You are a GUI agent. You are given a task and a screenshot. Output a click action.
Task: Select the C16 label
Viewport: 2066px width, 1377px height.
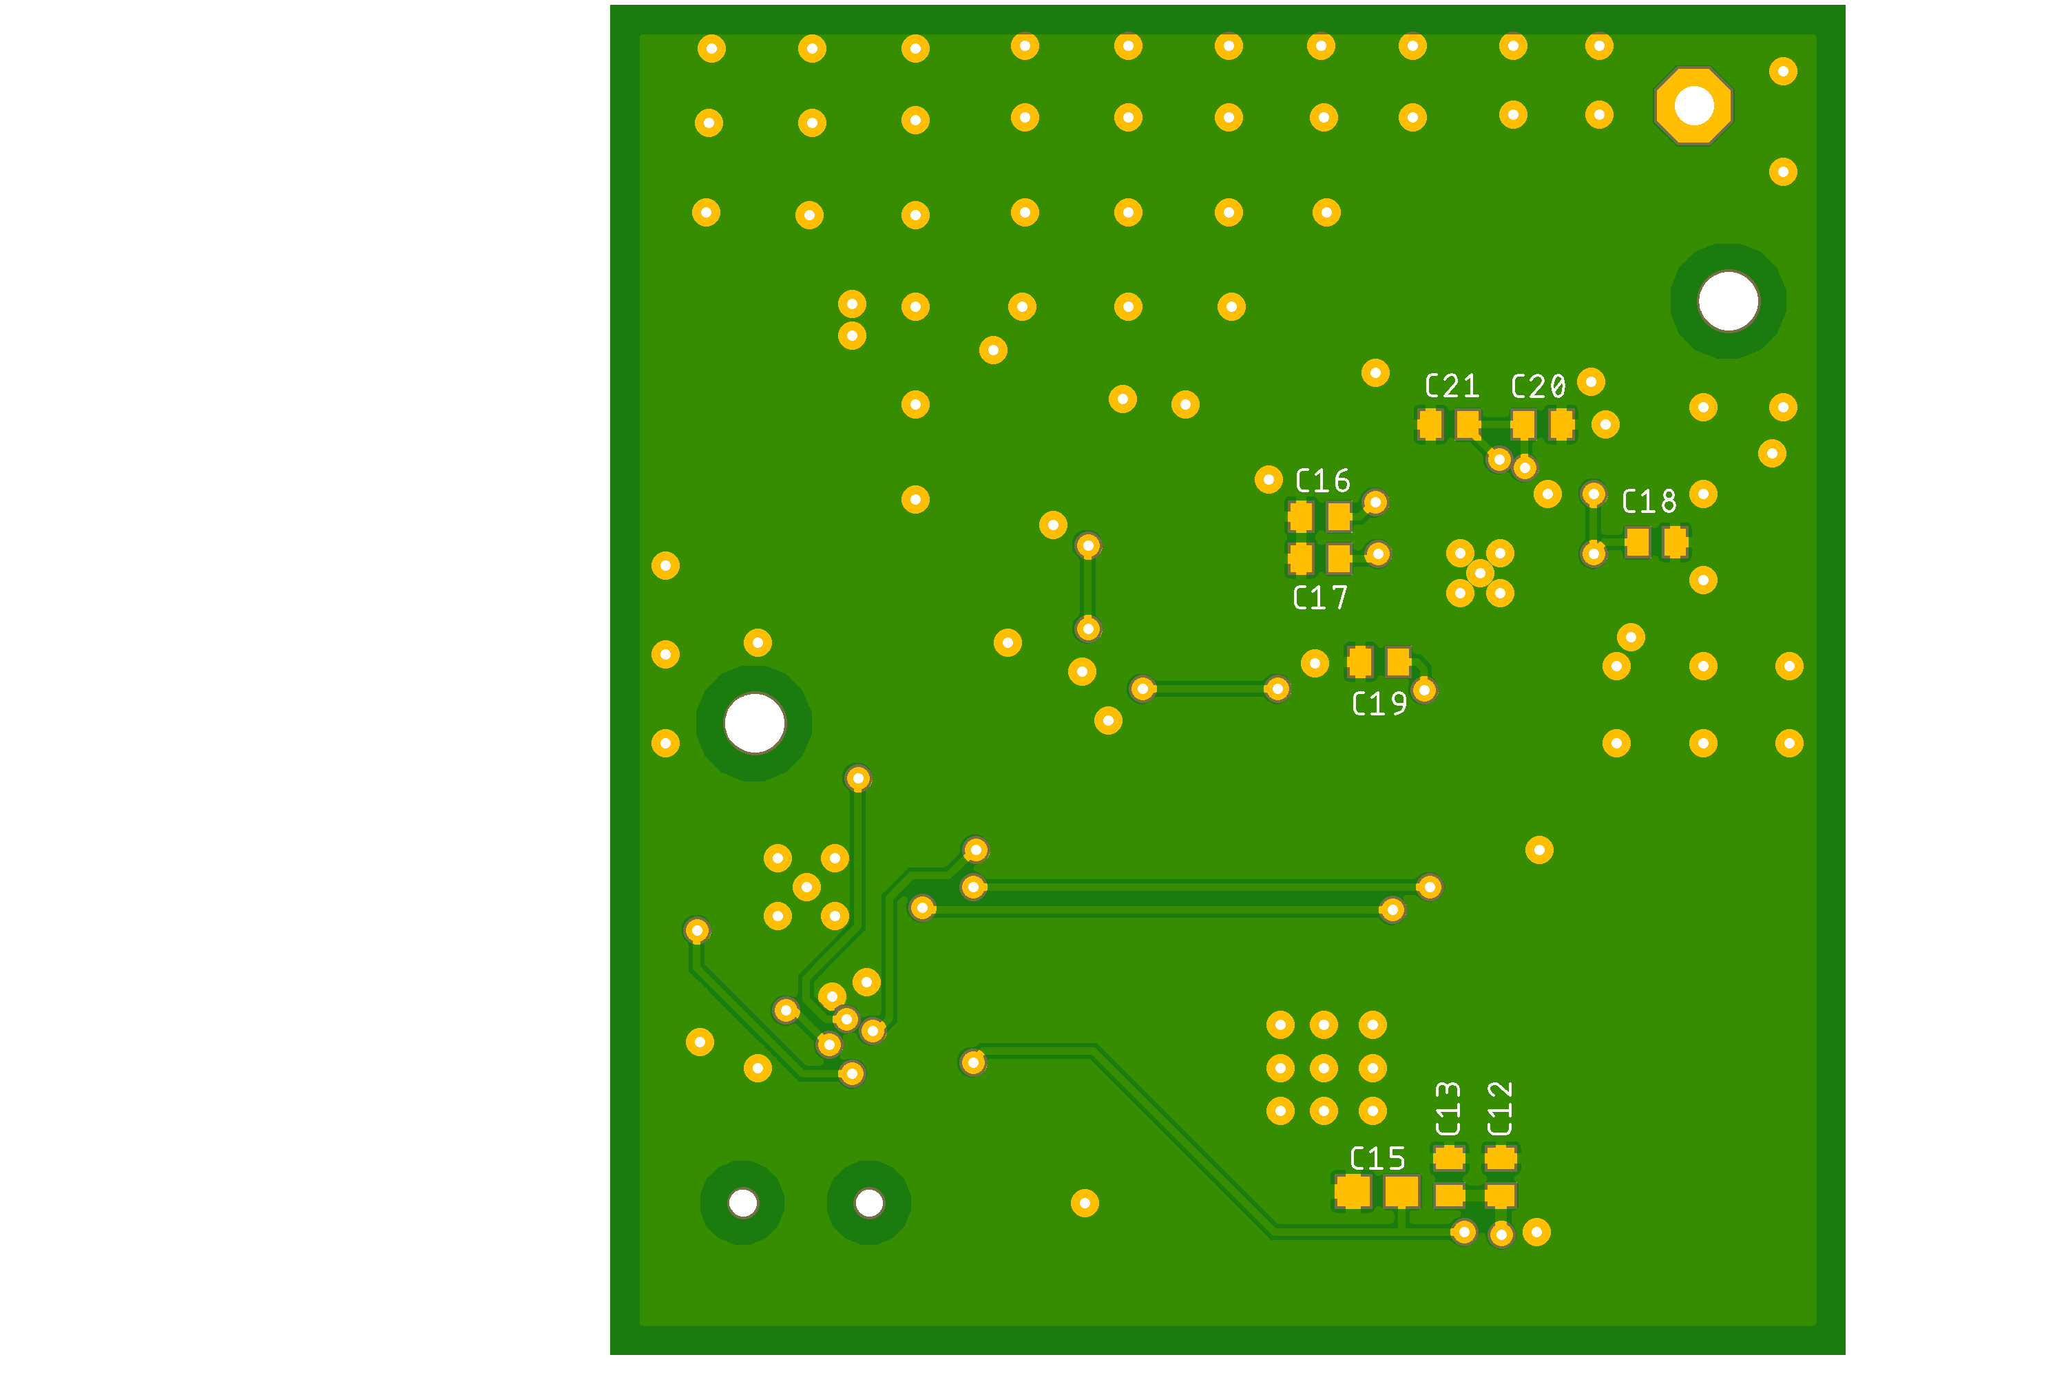pyautogui.click(x=1323, y=481)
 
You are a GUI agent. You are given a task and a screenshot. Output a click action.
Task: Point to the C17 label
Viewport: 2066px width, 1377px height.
pyautogui.click(x=1320, y=599)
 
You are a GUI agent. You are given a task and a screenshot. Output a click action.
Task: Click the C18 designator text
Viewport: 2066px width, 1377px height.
pyautogui.click(x=1649, y=503)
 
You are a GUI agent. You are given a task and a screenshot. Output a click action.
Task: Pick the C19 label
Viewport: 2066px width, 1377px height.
pyautogui.click(x=1379, y=704)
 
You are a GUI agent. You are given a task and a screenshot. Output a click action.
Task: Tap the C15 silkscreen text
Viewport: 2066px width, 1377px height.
pyautogui.click(x=1377, y=1159)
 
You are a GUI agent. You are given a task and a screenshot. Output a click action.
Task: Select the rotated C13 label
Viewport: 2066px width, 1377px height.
pyautogui.click(x=1448, y=1109)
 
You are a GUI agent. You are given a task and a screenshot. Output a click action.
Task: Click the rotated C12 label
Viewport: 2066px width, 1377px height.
pyautogui.click(x=1501, y=1109)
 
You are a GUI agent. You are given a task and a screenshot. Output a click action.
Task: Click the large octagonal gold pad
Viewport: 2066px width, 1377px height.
pyautogui.click(x=1693, y=106)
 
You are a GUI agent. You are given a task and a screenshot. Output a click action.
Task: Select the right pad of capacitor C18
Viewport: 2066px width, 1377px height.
pyautogui.click(x=1675, y=542)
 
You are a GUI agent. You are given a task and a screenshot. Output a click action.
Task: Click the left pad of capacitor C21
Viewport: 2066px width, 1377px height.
pyautogui.click(x=1430, y=425)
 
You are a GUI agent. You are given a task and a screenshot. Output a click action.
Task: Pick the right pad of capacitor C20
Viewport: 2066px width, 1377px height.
pyautogui.click(x=1562, y=425)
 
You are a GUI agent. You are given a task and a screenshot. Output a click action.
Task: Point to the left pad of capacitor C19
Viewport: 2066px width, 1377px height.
pyautogui.click(x=1359, y=662)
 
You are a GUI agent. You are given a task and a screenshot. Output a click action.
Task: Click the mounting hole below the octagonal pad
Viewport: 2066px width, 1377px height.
pyautogui.click(x=1728, y=302)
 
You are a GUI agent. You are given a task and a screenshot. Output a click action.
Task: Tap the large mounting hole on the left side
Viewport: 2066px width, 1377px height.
pyautogui.click(x=753, y=724)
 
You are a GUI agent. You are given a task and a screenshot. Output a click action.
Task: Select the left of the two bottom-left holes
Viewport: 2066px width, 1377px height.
pyautogui.click(x=742, y=1203)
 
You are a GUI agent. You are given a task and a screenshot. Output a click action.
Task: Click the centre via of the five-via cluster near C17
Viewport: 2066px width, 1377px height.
pyautogui.click(x=1480, y=574)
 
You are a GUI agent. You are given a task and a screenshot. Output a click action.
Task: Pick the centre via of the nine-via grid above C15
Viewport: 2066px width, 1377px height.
pyautogui.click(x=1324, y=1069)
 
